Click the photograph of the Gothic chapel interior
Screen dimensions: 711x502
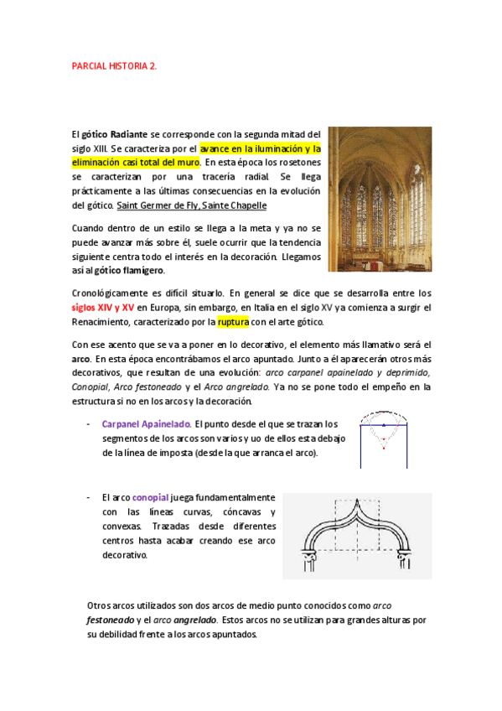[x=380, y=200]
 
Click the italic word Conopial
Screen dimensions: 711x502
[x=91, y=387]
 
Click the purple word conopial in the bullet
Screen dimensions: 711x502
[x=151, y=497]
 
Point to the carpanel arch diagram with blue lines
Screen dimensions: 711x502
[x=384, y=439]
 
